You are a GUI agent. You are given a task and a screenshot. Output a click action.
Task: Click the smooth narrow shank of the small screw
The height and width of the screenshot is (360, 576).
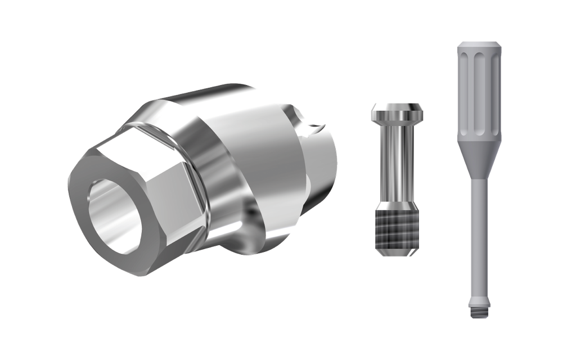(x=397, y=163)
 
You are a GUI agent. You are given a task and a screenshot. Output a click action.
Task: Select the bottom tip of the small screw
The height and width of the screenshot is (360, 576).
(x=397, y=253)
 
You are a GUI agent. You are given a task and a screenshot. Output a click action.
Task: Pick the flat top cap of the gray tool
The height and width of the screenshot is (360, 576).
(x=478, y=44)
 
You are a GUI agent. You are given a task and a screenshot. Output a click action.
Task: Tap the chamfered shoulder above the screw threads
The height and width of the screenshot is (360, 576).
(x=397, y=205)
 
